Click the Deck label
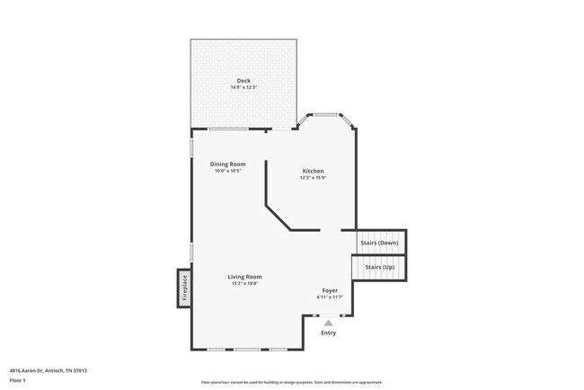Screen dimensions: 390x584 [243, 81]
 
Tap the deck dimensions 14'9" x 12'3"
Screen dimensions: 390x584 [243, 88]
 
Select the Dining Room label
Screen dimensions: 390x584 [227, 164]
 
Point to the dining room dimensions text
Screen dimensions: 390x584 [227, 172]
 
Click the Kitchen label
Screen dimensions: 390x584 [313, 171]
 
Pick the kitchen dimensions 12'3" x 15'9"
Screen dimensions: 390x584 [313, 178]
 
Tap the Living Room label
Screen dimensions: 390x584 [244, 277]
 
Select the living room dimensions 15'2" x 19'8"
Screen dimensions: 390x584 [244, 284]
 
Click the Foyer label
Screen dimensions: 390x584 [330, 290]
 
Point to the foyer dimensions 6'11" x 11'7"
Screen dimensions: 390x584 [330, 297]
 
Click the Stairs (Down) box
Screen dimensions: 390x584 [380, 243]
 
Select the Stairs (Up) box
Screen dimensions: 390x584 [378, 267]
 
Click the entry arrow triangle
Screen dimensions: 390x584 [329, 323]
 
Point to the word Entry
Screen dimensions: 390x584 [329, 333]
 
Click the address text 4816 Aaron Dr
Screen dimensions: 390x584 [49, 369]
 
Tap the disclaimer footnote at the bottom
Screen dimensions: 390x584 [291, 381]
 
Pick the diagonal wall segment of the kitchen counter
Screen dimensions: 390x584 [278, 217]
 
